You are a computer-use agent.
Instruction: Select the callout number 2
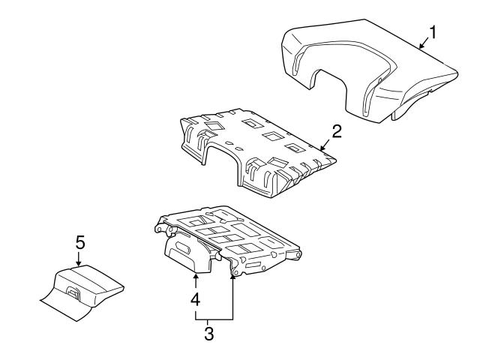click(337, 131)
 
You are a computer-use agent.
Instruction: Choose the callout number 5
click(79, 244)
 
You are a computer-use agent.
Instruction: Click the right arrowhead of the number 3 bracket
click(233, 280)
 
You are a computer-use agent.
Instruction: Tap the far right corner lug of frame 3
click(299, 256)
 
